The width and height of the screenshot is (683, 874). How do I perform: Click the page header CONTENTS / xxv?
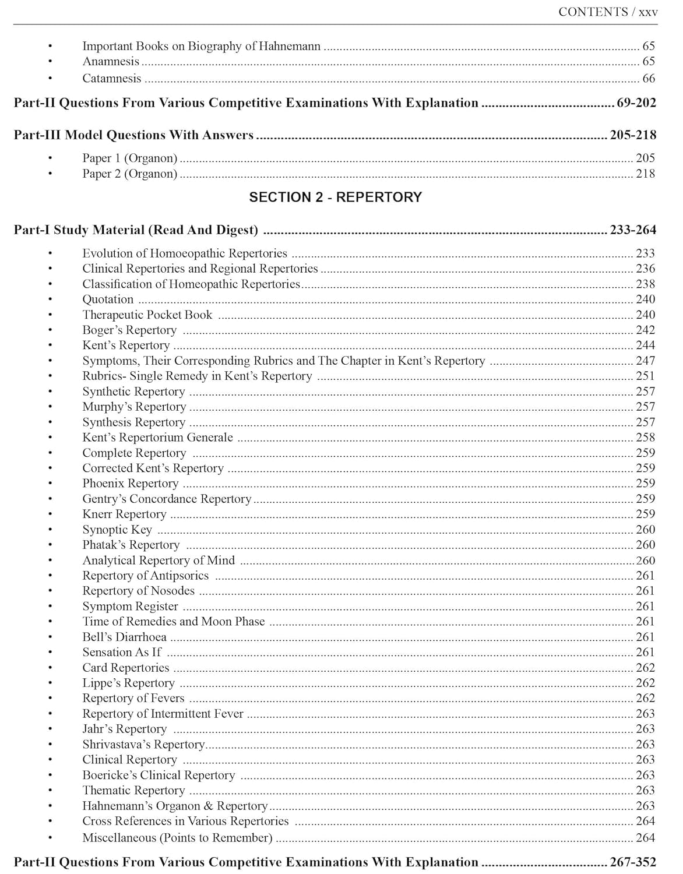607,12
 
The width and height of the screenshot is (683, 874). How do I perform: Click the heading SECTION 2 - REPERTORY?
335,197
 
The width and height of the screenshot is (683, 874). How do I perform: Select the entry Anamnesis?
111,62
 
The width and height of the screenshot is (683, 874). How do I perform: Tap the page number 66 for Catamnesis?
648,78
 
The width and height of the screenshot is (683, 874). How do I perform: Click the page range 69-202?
636,103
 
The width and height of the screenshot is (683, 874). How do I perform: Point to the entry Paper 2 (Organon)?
129,174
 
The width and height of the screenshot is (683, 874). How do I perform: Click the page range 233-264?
632,230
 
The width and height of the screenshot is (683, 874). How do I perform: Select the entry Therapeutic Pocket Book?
147,315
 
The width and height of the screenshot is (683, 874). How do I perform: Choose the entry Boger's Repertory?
129,330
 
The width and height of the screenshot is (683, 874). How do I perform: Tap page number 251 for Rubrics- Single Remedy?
645,376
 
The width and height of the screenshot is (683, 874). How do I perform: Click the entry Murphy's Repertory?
134,407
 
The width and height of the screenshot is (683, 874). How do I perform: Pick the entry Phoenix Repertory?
130,484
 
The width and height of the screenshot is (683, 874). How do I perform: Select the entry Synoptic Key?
117,530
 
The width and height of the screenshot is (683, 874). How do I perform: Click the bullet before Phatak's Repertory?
51,545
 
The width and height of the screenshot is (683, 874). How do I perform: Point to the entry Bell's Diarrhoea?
124,637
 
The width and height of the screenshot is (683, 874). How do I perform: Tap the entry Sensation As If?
121,653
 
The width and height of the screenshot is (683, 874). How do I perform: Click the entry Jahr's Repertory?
124,729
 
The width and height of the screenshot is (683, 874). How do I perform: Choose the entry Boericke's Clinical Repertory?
159,775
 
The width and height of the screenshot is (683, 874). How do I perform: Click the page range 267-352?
632,862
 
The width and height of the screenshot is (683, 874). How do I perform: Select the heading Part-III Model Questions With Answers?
133,135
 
